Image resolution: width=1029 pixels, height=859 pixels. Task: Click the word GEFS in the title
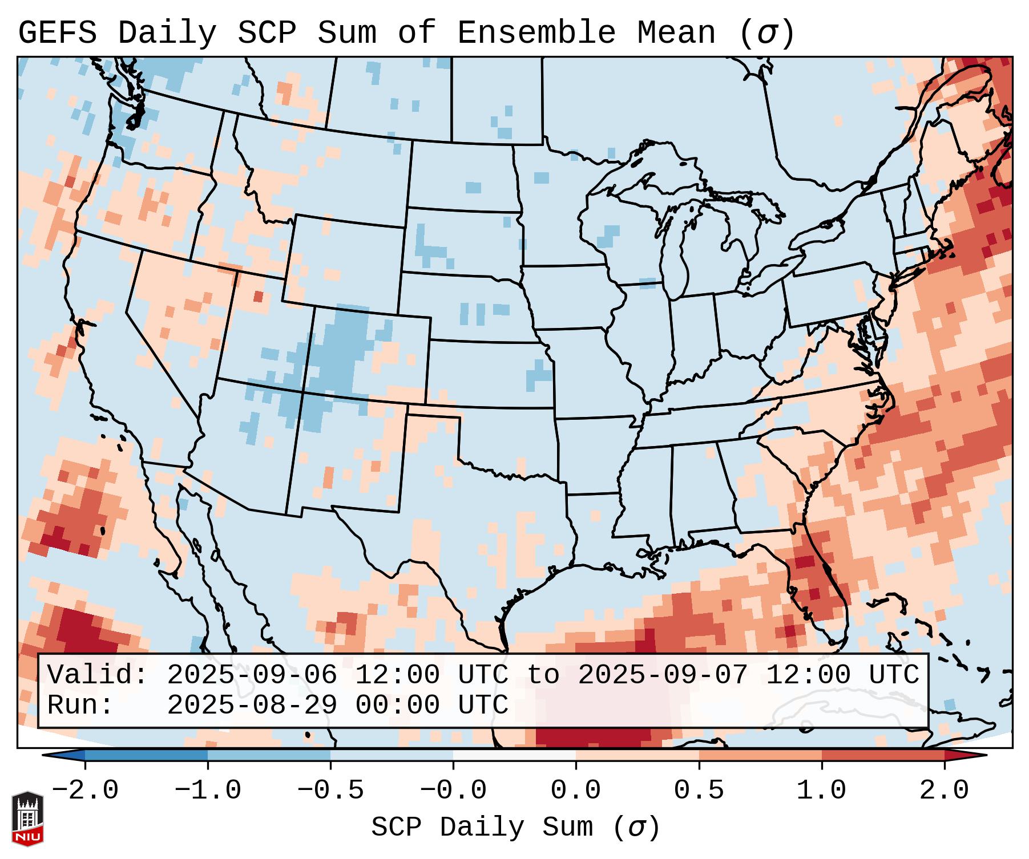(x=57, y=33)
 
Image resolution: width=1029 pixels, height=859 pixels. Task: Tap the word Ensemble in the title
(x=536, y=33)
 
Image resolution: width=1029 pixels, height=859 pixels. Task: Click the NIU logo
(x=27, y=819)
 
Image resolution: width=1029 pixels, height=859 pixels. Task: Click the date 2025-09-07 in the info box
(x=663, y=675)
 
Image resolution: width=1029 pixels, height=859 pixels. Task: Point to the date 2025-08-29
(x=252, y=706)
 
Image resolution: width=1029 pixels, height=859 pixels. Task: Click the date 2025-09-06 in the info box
(x=252, y=675)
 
